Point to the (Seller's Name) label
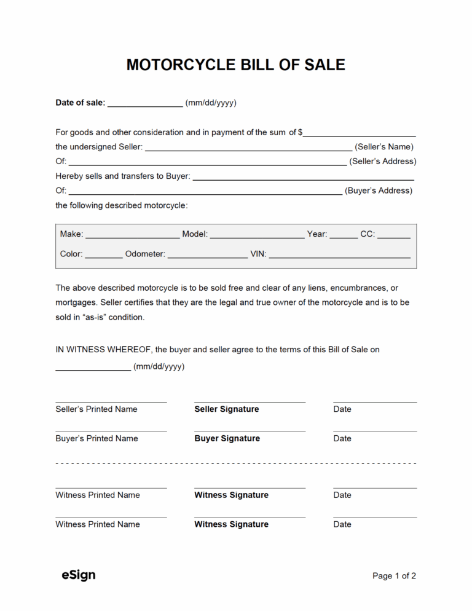pos(384,147)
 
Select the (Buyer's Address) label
pos(379,191)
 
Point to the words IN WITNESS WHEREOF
pos(103,350)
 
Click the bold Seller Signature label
pos(227,409)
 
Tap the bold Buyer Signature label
pos(227,439)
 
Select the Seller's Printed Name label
pos(96,409)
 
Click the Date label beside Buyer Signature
pos(342,439)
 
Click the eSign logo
pos(79,575)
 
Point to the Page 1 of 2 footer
pos(394,576)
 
